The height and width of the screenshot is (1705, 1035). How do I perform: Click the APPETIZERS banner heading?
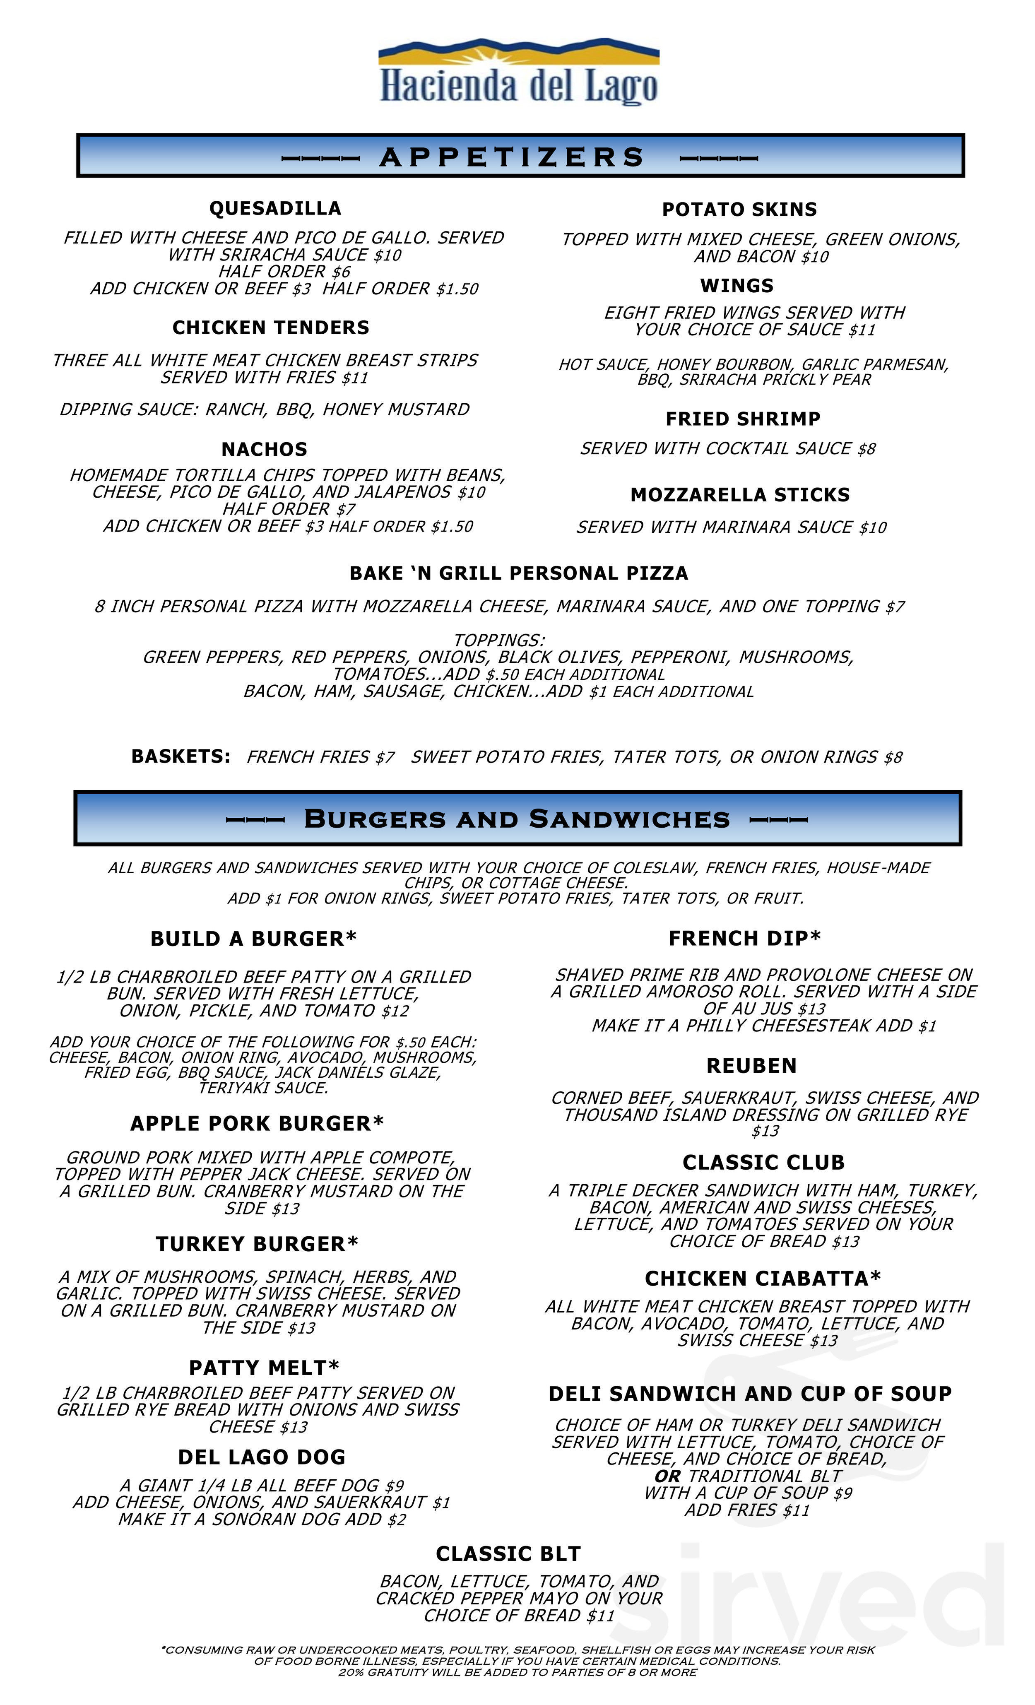point(512,157)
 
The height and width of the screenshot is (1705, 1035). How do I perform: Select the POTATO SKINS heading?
point(739,210)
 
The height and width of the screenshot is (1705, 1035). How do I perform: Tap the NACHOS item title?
point(264,449)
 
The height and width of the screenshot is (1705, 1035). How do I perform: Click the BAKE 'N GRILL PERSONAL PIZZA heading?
point(518,573)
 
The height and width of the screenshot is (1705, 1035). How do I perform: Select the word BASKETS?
point(181,756)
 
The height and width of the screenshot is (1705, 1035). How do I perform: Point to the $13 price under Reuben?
point(765,1131)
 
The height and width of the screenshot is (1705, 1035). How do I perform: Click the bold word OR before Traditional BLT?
point(668,1476)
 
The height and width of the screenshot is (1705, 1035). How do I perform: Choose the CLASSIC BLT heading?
point(508,1554)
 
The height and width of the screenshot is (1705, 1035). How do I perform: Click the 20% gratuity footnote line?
point(517,1672)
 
